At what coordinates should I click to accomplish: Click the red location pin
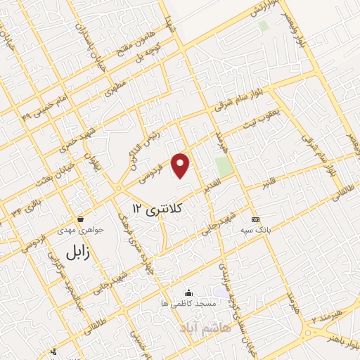pyautogui.click(x=181, y=165)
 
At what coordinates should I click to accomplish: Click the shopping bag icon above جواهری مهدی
pyautogui.click(x=81, y=219)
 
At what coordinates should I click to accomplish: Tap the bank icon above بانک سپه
pyautogui.click(x=255, y=219)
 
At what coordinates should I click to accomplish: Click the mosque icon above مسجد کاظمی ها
pyautogui.click(x=188, y=293)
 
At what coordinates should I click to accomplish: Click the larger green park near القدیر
pyautogui.click(x=224, y=167)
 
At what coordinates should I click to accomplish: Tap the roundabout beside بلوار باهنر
pyautogui.click(x=310, y=330)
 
